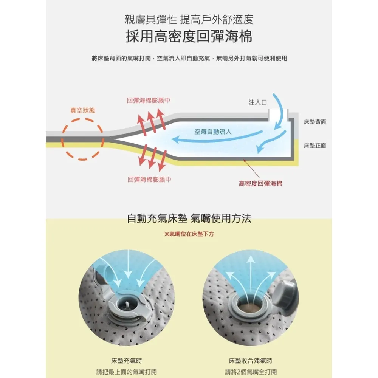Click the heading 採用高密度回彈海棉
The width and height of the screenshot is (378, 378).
(189, 37)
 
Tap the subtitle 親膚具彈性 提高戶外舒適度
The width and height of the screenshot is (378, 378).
(189, 19)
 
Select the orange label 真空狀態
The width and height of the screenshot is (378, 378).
(82, 110)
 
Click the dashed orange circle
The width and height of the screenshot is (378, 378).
(82, 139)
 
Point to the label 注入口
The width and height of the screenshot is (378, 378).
(258, 102)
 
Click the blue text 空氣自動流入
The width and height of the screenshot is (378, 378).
(213, 132)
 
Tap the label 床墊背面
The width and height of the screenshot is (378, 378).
(315, 122)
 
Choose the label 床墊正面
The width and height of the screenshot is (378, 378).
(315, 146)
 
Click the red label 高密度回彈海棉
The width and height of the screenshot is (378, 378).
(260, 184)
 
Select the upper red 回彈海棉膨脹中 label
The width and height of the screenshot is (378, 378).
(149, 100)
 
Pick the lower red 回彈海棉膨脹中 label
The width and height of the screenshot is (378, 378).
(149, 180)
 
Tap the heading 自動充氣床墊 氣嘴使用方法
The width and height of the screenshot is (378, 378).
(189, 218)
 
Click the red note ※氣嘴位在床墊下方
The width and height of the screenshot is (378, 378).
(189, 234)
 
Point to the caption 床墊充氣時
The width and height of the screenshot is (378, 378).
(127, 361)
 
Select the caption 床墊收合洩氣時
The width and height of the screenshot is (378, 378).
(251, 361)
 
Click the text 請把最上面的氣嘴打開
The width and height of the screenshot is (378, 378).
(127, 372)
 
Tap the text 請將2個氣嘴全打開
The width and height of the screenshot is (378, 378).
(251, 372)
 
